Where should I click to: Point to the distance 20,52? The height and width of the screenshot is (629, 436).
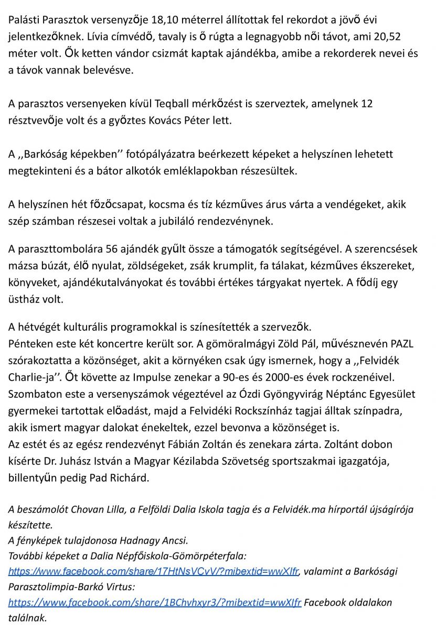[x=399, y=38]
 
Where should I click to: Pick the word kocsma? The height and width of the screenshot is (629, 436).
[x=159, y=204]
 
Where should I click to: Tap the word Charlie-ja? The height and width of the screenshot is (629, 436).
[x=31, y=377]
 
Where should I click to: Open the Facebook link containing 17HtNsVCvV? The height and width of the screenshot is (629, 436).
[x=153, y=571]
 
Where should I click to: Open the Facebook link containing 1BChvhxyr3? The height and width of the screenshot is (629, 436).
[x=155, y=602]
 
